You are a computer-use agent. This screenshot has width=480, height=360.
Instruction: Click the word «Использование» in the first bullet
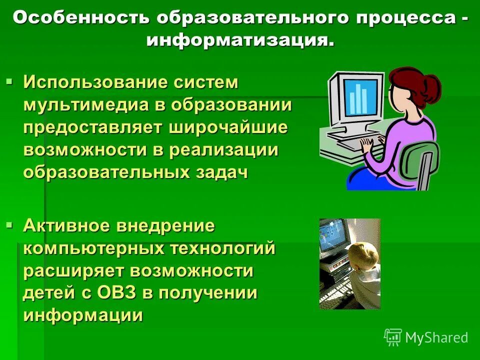click(x=94, y=82)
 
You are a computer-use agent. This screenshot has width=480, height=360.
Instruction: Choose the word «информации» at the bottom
click(x=83, y=315)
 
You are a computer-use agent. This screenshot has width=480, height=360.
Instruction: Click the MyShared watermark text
click(x=436, y=337)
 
